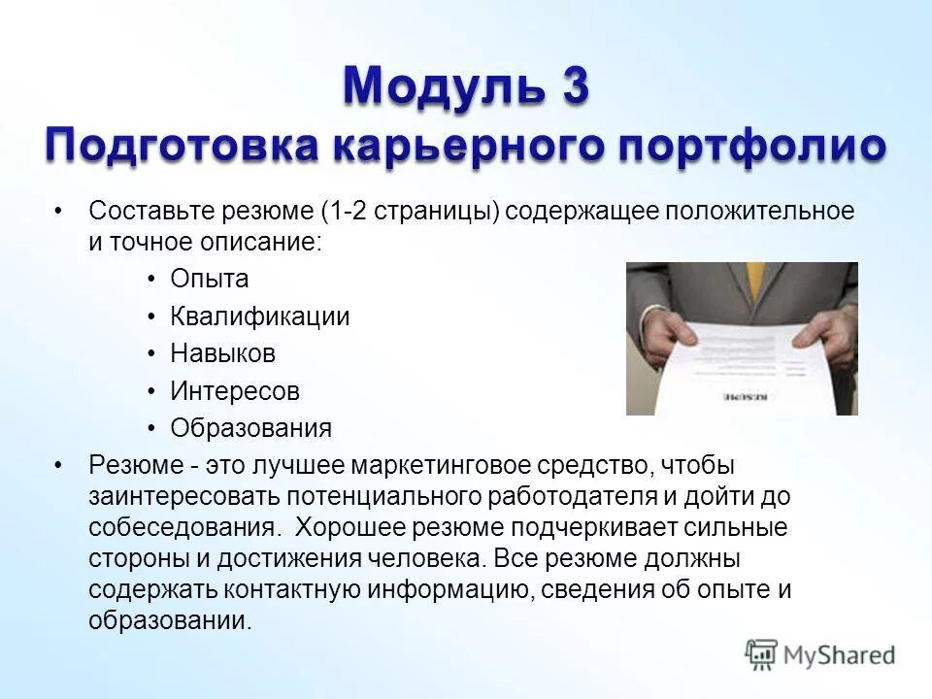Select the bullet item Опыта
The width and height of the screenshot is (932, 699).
tap(210, 280)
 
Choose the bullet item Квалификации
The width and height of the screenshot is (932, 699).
tap(260, 316)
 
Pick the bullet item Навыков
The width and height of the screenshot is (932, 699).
tap(223, 353)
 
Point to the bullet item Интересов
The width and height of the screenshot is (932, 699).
tap(235, 391)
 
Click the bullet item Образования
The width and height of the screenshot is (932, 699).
tap(251, 428)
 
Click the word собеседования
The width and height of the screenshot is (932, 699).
tap(183, 529)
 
